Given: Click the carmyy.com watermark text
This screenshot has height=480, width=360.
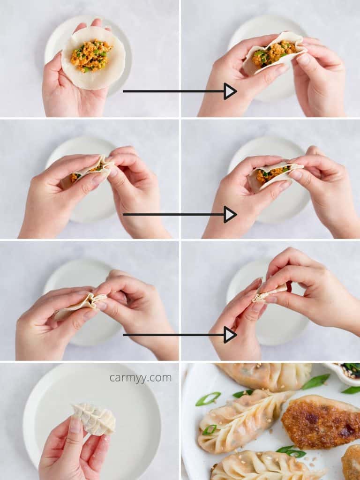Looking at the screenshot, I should point(141,378).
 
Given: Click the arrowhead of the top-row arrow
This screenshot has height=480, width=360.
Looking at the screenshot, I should point(230,91).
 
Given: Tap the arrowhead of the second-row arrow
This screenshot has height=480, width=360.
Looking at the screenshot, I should point(230,214).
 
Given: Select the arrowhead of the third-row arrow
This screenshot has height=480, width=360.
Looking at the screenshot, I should point(230,335).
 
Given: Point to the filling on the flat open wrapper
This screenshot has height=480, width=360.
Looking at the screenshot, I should point(91,55).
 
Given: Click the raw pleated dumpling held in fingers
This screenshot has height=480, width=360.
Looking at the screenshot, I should point(94,419).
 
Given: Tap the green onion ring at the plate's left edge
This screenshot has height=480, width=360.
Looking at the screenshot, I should point(208,398).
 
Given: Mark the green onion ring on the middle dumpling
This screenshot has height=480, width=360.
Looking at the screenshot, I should point(210,429).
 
